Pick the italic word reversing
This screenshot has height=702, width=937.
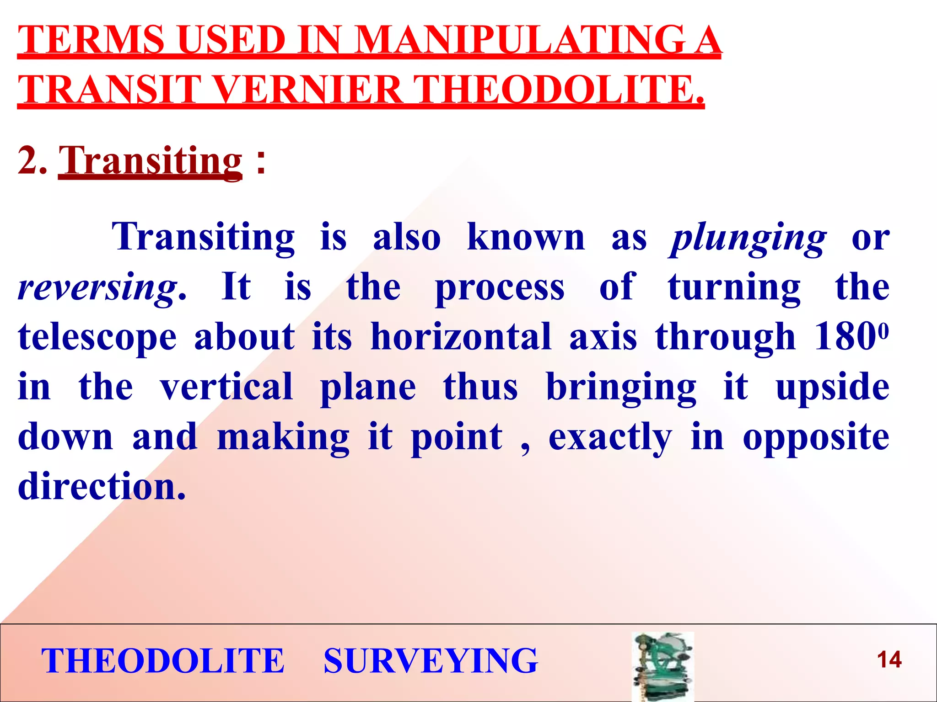click(x=97, y=288)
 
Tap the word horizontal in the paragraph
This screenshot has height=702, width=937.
click(x=461, y=337)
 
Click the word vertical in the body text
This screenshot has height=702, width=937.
click(x=226, y=387)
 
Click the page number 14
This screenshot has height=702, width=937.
click(x=889, y=660)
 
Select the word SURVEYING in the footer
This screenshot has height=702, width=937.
click(x=431, y=661)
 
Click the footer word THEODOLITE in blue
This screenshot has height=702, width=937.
click(x=163, y=661)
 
